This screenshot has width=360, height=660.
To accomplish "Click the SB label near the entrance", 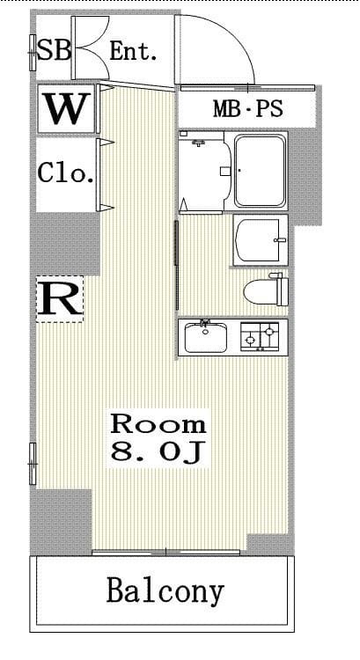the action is (x=54, y=50).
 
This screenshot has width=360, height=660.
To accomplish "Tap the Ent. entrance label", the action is (x=134, y=51).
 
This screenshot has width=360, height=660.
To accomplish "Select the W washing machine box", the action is (x=66, y=109).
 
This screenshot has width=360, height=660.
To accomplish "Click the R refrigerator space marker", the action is (x=59, y=299).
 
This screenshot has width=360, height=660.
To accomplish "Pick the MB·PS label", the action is (x=247, y=109).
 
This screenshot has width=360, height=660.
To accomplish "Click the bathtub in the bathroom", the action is (x=260, y=171).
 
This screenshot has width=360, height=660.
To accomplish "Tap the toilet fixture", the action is (x=266, y=290).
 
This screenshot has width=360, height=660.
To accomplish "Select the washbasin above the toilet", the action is (x=261, y=240).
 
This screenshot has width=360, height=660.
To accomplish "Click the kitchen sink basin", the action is (x=205, y=338).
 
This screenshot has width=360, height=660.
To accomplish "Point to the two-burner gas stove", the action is (x=260, y=336).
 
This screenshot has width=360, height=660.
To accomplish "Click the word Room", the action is (x=158, y=424).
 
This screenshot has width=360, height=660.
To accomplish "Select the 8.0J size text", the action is (x=158, y=451).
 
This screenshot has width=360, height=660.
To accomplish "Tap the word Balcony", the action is (x=165, y=591).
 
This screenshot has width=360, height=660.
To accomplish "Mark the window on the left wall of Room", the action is (x=33, y=464).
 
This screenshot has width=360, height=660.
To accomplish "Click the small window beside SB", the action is (x=33, y=53).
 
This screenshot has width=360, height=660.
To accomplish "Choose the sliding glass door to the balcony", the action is (x=165, y=552).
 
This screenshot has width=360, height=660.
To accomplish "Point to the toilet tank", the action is (x=283, y=290).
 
